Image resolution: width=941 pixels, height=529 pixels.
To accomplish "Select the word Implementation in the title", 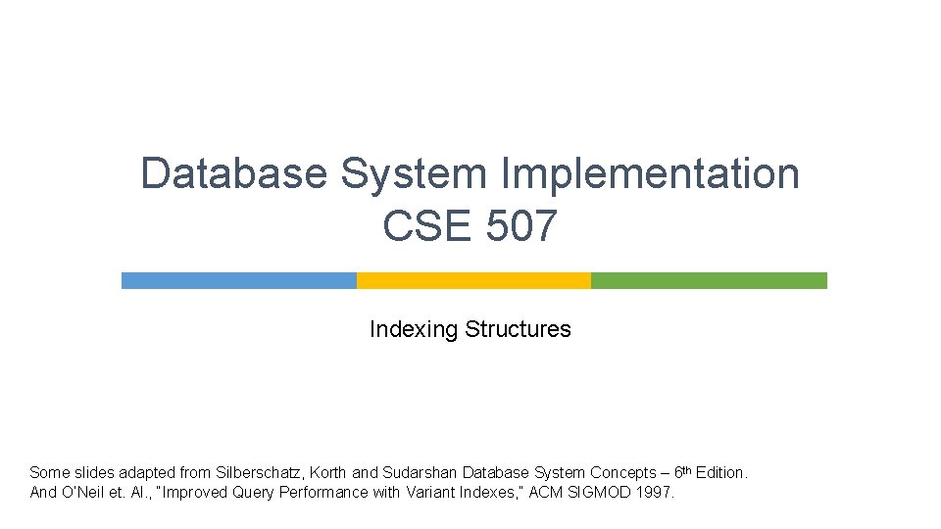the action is [x=651, y=174].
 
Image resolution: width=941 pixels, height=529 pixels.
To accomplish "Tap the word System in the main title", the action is [x=413, y=174].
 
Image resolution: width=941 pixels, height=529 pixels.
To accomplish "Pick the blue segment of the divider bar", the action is [x=238, y=280].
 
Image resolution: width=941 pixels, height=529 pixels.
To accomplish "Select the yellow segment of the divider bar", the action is [x=473, y=280].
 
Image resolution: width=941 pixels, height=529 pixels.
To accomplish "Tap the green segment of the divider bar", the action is [x=709, y=280].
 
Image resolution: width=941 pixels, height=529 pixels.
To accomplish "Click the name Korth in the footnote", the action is [x=327, y=473].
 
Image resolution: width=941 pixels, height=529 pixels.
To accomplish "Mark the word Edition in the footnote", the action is [x=720, y=473].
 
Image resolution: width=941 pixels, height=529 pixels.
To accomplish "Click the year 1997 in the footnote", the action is [x=654, y=493].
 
